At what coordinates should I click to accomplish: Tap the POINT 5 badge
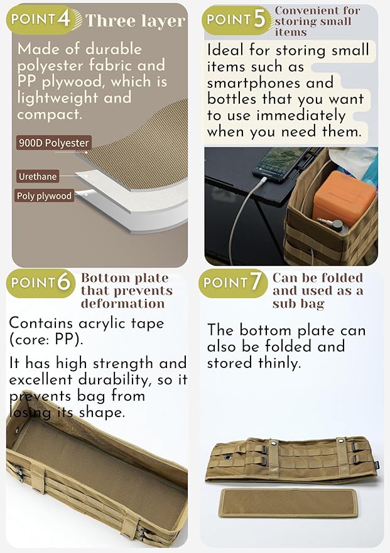(237, 20)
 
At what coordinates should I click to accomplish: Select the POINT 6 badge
(41, 283)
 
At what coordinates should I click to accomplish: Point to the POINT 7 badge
(232, 283)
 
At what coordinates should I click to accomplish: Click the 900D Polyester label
(54, 143)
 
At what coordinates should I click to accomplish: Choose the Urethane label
(38, 176)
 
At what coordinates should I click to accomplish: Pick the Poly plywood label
(45, 196)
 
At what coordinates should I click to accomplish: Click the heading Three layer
(135, 21)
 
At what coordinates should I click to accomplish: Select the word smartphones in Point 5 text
(269, 83)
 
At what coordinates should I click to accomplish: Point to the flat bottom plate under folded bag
(288, 503)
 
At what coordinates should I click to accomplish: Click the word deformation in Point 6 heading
(123, 304)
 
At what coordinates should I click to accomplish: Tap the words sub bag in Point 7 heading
(298, 304)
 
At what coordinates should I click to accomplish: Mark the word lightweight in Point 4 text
(58, 98)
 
